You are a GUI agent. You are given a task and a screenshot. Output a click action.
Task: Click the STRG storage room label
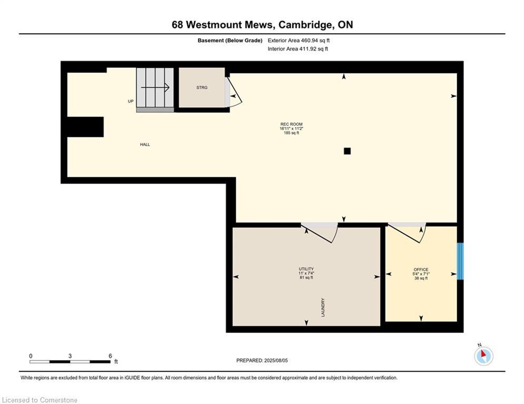click(202, 87)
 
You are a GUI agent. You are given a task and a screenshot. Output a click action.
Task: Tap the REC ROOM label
click(291, 124)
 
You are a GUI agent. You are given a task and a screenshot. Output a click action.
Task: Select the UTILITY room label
click(307, 269)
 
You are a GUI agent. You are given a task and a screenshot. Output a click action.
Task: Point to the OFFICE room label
click(421, 269)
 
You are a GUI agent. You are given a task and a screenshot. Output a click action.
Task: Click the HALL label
click(145, 145)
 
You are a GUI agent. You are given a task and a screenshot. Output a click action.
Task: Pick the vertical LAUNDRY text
click(323, 308)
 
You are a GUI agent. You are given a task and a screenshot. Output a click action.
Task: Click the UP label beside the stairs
click(131, 101)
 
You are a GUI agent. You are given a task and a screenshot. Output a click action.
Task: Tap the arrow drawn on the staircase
click(155, 87)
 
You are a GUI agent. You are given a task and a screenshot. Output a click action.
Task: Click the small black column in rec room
click(347, 151)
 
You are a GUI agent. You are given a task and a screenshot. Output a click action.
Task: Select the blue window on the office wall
click(460, 261)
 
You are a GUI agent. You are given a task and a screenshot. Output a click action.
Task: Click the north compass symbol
click(483, 355)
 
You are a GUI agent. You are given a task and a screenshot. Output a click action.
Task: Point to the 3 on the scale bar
click(70, 356)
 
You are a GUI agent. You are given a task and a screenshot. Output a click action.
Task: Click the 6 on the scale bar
click(110, 356)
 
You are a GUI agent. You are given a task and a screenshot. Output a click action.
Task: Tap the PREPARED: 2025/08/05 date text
click(262, 360)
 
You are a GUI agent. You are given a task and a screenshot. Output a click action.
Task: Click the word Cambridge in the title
click(305, 25)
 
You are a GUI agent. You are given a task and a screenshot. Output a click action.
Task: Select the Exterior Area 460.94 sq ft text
click(299, 41)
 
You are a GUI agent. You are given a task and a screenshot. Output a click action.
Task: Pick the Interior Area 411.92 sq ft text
click(298, 49)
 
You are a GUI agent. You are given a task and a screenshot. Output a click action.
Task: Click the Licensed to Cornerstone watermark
click(39, 400)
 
